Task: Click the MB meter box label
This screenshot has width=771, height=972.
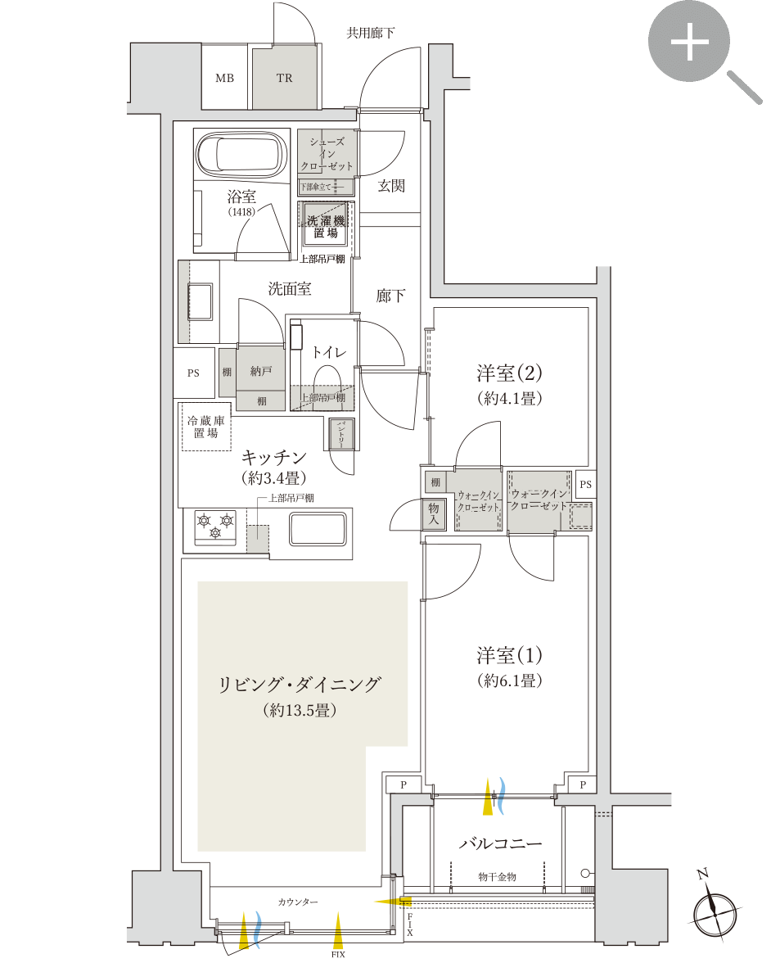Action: [x=224, y=79]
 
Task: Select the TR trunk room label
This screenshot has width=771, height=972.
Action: [x=284, y=79]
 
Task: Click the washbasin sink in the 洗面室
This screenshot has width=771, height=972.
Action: [x=200, y=303]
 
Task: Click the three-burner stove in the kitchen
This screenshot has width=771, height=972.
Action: [x=215, y=526]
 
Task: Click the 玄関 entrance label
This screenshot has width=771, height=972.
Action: [x=391, y=186]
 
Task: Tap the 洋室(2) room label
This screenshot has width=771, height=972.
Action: [x=510, y=373]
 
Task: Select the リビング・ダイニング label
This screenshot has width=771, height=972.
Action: [x=300, y=685]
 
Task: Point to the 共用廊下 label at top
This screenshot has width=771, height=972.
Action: [x=371, y=33]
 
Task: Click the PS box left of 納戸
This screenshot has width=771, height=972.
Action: [x=193, y=373]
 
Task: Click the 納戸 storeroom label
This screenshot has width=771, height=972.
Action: [x=261, y=371]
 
